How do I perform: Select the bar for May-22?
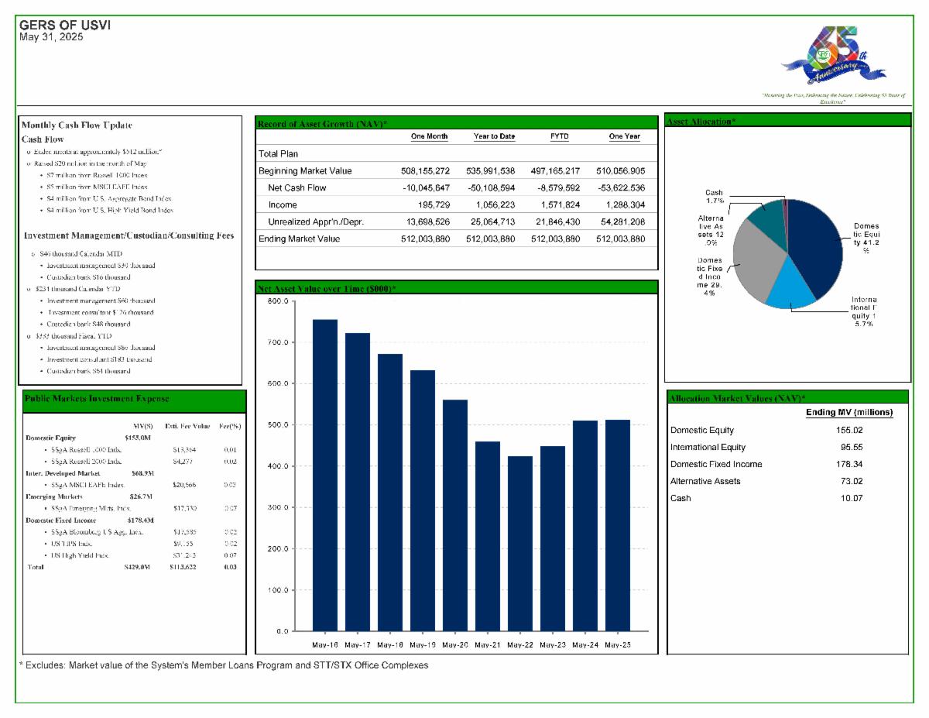(x=519, y=543)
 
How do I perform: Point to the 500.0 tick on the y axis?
(x=278, y=425)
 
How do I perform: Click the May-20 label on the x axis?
(x=454, y=644)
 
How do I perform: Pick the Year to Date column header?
(x=494, y=136)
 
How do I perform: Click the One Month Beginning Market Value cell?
(x=420, y=170)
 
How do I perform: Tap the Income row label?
(x=283, y=204)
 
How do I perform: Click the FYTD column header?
(x=559, y=136)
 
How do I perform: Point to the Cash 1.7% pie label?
(x=714, y=196)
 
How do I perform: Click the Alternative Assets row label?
(x=705, y=481)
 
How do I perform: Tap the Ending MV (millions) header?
(x=849, y=412)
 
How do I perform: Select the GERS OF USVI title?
(x=64, y=26)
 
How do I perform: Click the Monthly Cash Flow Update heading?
(x=77, y=125)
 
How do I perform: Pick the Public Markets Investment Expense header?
(x=97, y=398)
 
